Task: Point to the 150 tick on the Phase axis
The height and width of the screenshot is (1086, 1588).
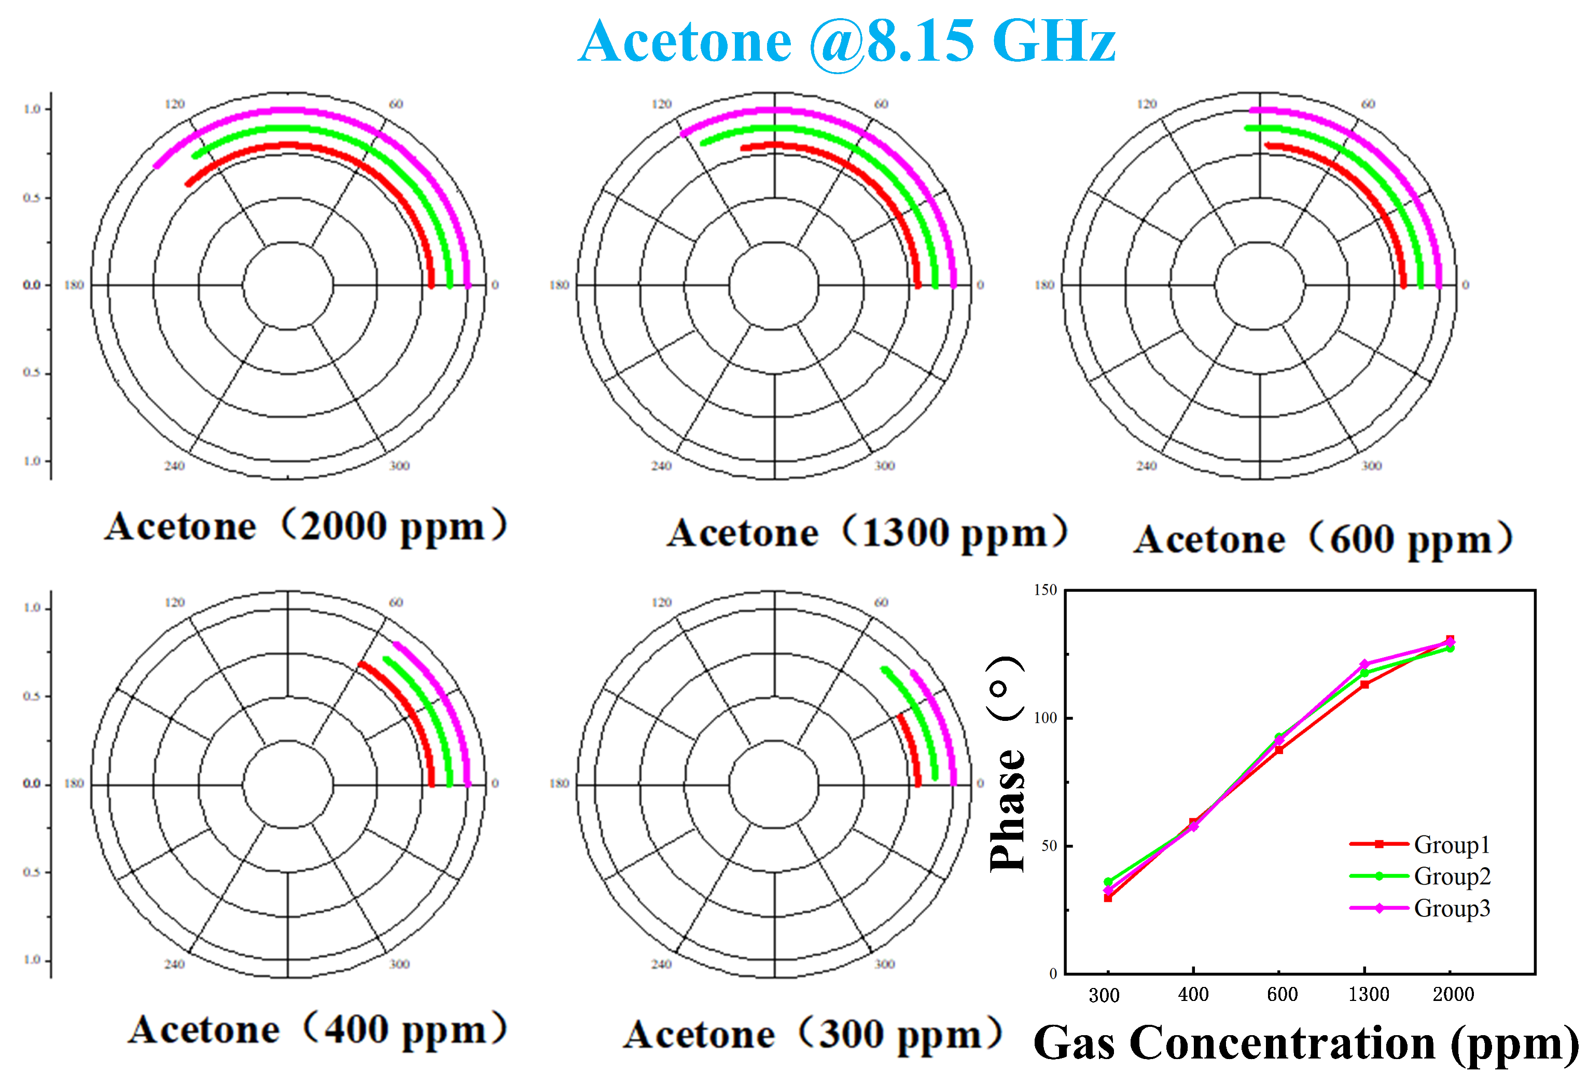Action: (x=1046, y=590)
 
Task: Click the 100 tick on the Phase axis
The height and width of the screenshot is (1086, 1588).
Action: (x=1046, y=718)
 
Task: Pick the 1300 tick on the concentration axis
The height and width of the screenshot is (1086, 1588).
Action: (x=1368, y=994)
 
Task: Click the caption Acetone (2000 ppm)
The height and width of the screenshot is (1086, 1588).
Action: (x=305, y=526)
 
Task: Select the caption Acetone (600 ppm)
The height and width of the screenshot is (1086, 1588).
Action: (x=1323, y=539)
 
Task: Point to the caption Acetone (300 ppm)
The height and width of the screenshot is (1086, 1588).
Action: (x=813, y=1034)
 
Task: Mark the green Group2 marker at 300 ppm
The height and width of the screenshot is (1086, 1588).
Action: (x=1108, y=882)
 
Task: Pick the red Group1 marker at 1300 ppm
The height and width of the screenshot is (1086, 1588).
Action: (x=1364, y=684)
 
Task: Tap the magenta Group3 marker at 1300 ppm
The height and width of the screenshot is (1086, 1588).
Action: (x=1364, y=664)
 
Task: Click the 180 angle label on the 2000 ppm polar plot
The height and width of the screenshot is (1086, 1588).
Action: (x=74, y=285)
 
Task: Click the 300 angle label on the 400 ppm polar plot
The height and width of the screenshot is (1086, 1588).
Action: (x=399, y=964)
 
